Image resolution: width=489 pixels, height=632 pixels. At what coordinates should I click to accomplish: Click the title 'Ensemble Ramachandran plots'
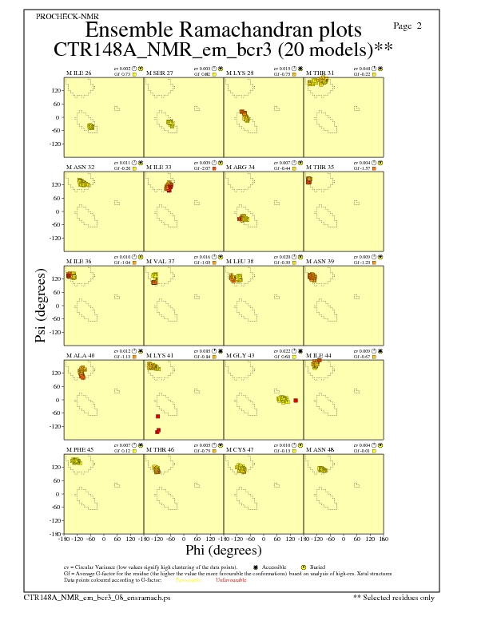coord(224,30)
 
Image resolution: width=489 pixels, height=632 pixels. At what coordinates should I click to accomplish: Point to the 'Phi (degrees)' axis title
coord(224,551)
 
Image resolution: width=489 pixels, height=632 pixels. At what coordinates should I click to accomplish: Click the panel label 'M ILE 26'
coord(78,73)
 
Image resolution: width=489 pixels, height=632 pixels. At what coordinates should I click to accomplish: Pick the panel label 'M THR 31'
coord(320,73)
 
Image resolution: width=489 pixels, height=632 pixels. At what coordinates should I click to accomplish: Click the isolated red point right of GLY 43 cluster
coord(296,400)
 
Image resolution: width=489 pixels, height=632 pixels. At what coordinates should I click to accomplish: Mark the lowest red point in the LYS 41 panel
coord(157,432)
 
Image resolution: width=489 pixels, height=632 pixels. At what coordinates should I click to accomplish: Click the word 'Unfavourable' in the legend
coord(231,580)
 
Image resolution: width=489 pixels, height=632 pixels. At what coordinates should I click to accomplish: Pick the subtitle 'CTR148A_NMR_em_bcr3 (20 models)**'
coord(223,49)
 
